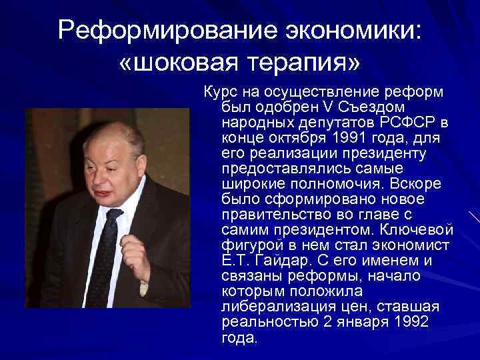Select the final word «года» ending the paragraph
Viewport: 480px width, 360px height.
pos(237,337)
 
